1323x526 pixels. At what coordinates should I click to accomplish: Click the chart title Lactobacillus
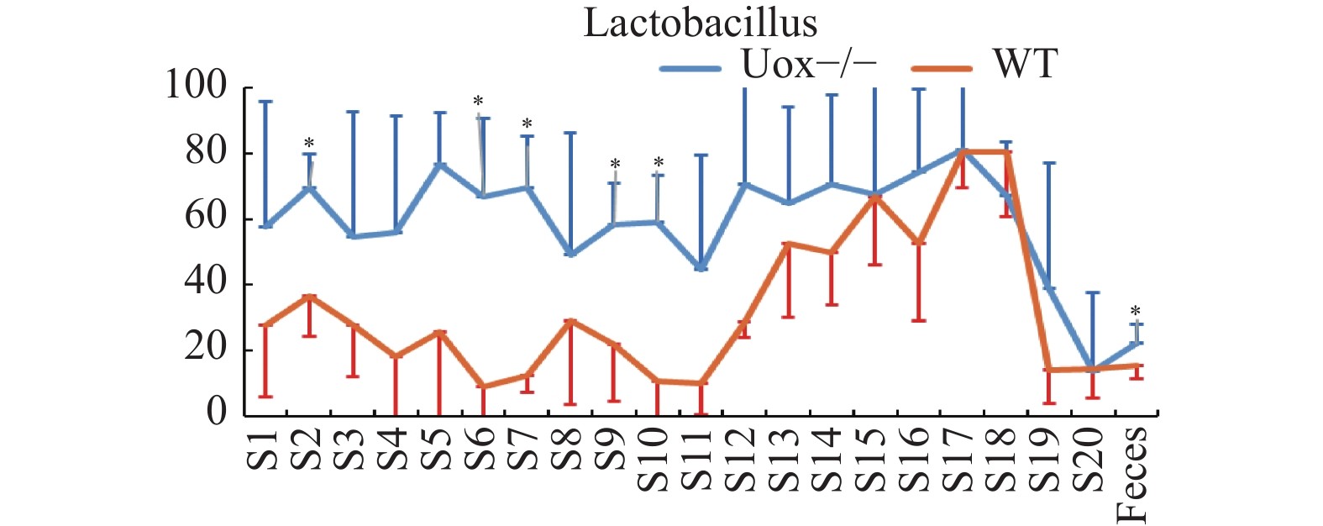pyautogui.click(x=700, y=23)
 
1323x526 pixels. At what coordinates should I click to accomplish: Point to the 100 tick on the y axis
pyautogui.click(x=196, y=86)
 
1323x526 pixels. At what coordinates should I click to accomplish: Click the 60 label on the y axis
pyautogui.click(x=206, y=218)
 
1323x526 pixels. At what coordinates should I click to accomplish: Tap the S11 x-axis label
pyautogui.click(x=701, y=458)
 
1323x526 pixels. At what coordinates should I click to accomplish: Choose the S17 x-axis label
pyautogui.click(x=961, y=458)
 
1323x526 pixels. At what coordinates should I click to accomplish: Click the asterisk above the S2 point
pyautogui.click(x=309, y=143)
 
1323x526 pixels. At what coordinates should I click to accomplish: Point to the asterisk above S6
pyautogui.click(x=478, y=103)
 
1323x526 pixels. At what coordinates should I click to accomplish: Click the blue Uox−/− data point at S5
pyautogui.click(x=439, y=164)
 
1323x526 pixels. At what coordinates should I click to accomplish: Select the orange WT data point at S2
pyautogui.click(x=309, y=297)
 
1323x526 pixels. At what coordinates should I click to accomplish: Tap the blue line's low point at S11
pyautogui.click(x=701, y=268)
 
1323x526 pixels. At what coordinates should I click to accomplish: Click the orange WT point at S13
pyautogui.click(x=788, y=244)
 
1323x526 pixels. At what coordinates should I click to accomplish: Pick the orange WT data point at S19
pyautogui.click(x=1048, y=370)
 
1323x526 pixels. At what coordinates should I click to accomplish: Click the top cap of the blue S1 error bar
pyautogui.click(x=265, y=102)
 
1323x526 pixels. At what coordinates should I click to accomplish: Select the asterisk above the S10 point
pyautogui.click(x=659, y=162)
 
